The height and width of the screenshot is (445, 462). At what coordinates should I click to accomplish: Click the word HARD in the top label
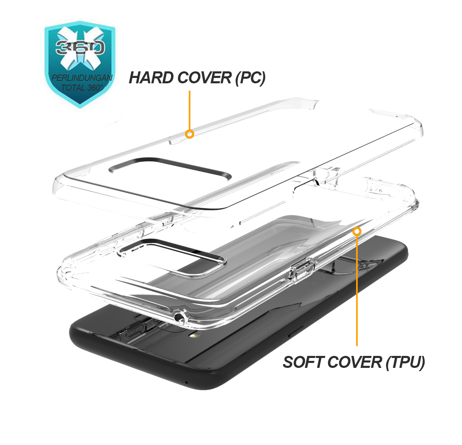(x=151, y=78)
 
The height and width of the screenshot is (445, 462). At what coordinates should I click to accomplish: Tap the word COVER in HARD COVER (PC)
(x=204, y=78)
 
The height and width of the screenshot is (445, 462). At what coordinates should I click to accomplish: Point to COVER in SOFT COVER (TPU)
(x=354, y=362)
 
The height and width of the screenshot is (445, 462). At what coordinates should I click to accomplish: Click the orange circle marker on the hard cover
(x=190, y=134)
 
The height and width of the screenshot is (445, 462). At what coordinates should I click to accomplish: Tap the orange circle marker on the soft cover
(x=357, y=231)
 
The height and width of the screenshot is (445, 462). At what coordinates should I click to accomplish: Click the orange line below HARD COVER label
(x=190, y=110)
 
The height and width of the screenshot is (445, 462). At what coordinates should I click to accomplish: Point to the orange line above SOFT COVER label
(x=357, y=290)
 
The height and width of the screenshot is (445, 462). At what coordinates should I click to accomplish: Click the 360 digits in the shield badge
(x=80, y=47)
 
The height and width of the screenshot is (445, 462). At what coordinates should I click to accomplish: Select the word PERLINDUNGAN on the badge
(x=82, y=78)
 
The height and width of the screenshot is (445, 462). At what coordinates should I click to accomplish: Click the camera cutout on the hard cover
(x=170, y=169)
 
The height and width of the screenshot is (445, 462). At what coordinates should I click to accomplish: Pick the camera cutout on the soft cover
(x=172, y=256)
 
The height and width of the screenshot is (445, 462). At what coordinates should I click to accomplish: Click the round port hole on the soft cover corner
(x=179, y=317)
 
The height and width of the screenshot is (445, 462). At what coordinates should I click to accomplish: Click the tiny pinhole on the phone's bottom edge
(x=187, y=383)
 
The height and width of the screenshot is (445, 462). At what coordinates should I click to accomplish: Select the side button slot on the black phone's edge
(x=295, y=331)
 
